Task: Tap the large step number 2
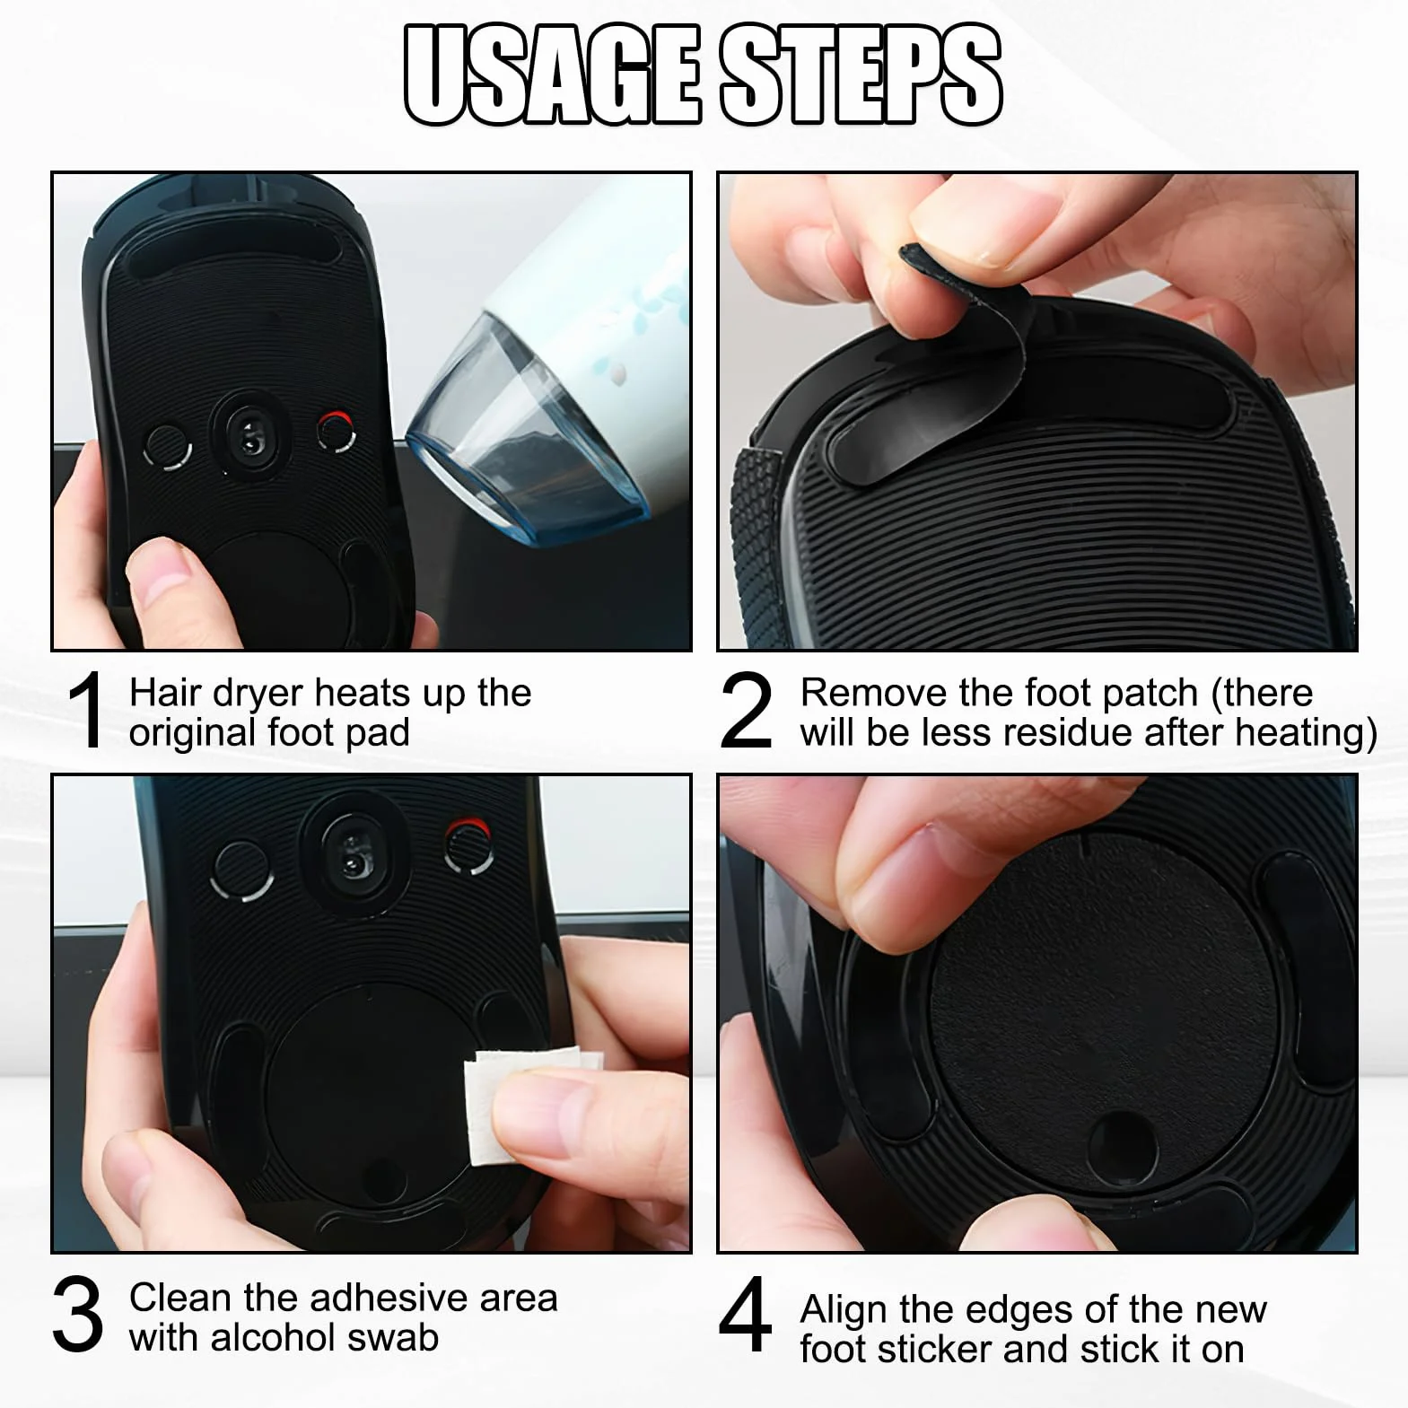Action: (746, 711)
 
